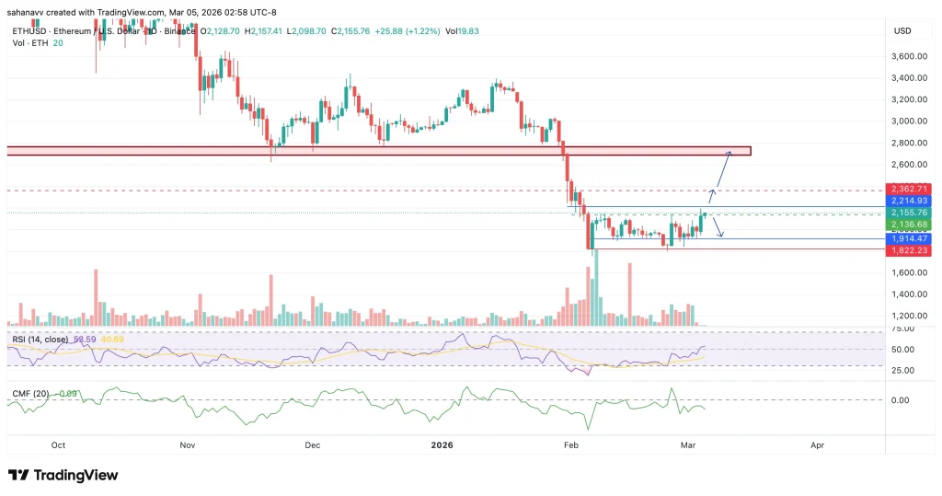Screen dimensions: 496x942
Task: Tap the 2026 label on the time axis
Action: (442, 444)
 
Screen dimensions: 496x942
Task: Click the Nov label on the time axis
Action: (187, 444)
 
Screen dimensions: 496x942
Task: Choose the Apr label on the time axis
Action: (818, 444)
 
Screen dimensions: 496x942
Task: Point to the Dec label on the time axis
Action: (312, 444)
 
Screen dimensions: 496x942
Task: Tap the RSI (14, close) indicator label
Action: (40, 340)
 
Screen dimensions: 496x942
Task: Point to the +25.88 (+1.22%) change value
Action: (415, 31)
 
